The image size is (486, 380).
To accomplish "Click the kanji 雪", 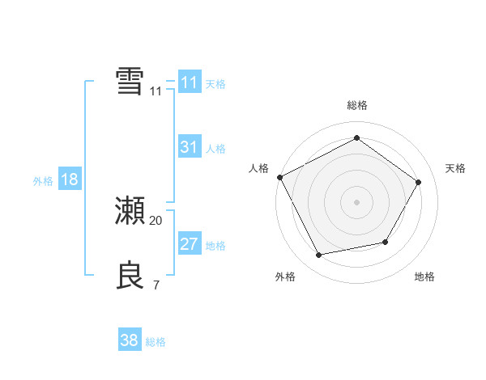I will pyautogui.click(x=130, y=82).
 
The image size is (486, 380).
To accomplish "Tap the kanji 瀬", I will pyautogui.click(x=130, y=211).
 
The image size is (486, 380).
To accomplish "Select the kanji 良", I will pyautogui.click(x=130, y=276).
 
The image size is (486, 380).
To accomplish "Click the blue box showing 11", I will pyautogui.click(x=189, y=82).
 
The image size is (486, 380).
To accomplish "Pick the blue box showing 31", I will pyautogui.click(x=189, y=147).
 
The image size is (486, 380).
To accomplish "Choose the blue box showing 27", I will pyautogui.click(x=189, y=244).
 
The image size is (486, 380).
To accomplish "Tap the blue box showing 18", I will pyautogui.click(x=70, y=179).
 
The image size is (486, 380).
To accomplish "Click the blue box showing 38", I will pyautogui.click(x=130, y=340).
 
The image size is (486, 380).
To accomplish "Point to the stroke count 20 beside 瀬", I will pyautogui.click(x=156, y=220).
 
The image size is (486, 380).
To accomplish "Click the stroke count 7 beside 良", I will pyautogui.click(x=156, y=285).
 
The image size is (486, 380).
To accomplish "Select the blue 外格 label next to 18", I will pyautogui.click(x=43, y=181).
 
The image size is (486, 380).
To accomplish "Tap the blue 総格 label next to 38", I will pyautogui.click(x=156, y=342).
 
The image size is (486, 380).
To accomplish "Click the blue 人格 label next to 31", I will pyautogui.click(x=215, y=149).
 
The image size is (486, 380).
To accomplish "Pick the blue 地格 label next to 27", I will pyautogui.click(x=215, y=246).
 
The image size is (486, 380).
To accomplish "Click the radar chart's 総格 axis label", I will pyautogui.click(x=356, y=106).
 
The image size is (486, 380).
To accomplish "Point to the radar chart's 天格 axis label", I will pyautogui.click(x=455, y=168).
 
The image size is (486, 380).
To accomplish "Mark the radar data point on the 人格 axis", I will pyautogui.click(x=279, y=177).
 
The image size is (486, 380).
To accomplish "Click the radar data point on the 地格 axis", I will pyautogui.click(x=386, y=242).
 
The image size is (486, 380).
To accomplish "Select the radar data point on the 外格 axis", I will pyautogui.click(x=319, y=255).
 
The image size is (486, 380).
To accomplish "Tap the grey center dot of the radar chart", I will pyautogui.click(x=356, y=202).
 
